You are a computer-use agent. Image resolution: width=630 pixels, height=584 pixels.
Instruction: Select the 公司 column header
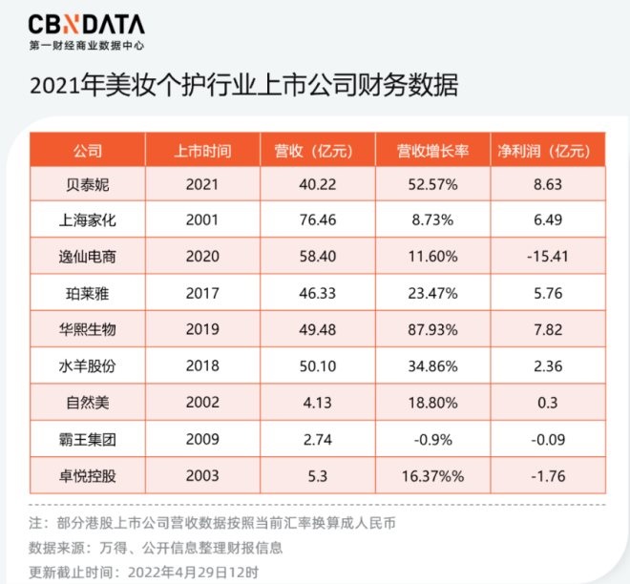point(87,151)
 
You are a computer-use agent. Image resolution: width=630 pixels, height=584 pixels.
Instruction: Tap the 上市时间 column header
point(203,151)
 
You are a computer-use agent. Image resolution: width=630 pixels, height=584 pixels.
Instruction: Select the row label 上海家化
point(87,219)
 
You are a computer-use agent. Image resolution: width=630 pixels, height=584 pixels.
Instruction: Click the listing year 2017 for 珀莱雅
point(203,292)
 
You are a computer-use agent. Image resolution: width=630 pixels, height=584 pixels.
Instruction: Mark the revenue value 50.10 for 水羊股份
point(314,365)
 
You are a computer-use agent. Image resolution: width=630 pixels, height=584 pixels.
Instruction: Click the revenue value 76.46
point(314,219)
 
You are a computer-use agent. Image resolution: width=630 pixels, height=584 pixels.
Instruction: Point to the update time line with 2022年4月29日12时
point(135,573)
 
